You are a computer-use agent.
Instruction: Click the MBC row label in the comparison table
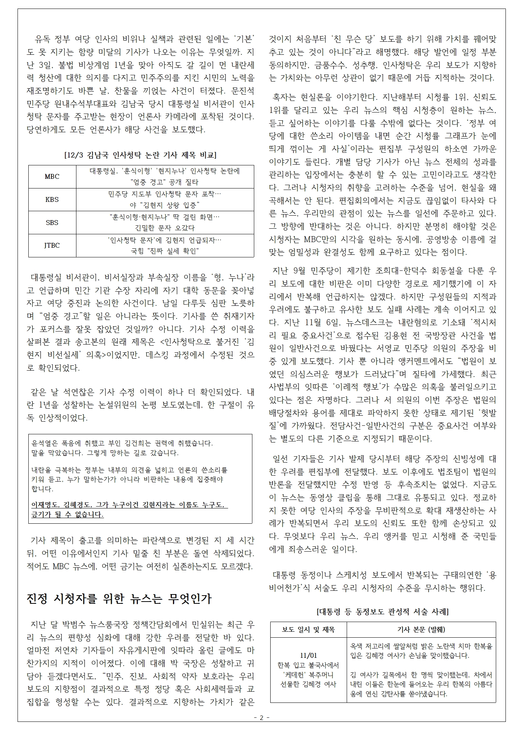click(52, 177)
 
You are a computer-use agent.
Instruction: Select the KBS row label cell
click(52, 199)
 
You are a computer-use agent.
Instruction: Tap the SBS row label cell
click(52, 222)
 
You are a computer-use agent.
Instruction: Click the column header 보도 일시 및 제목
click(308, 629)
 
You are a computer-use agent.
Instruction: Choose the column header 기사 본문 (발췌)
click(421, 629)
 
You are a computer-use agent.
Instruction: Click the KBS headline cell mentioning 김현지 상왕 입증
click(165, 200)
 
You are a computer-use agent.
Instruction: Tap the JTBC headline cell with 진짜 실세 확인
click(165, 245)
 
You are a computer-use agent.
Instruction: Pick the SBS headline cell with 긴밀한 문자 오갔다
click(165, 222)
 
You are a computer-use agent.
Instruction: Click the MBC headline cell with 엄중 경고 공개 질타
click(165, 177)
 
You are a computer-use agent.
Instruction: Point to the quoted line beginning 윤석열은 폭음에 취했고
click(122, 443)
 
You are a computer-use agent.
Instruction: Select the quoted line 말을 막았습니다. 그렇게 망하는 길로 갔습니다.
click(105, 453)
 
